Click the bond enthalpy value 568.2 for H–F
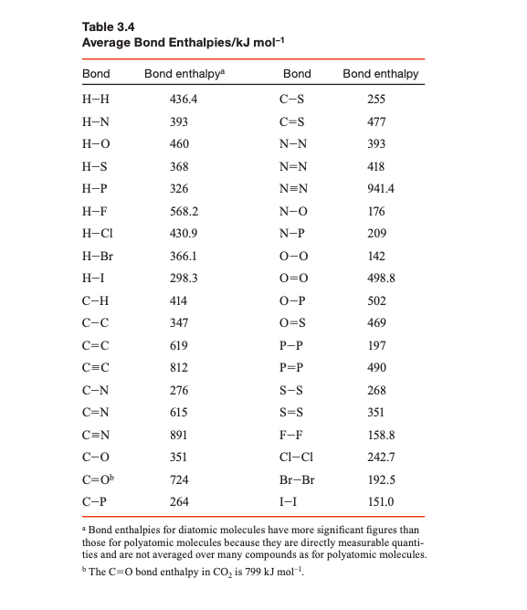click(x=185, y=211)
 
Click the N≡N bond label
click(x=297, y=188)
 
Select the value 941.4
click(x=381, y=188)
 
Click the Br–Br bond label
click(x=297, y=479)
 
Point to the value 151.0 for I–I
click(x=380, y=501)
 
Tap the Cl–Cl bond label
click(x=297, y=457)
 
